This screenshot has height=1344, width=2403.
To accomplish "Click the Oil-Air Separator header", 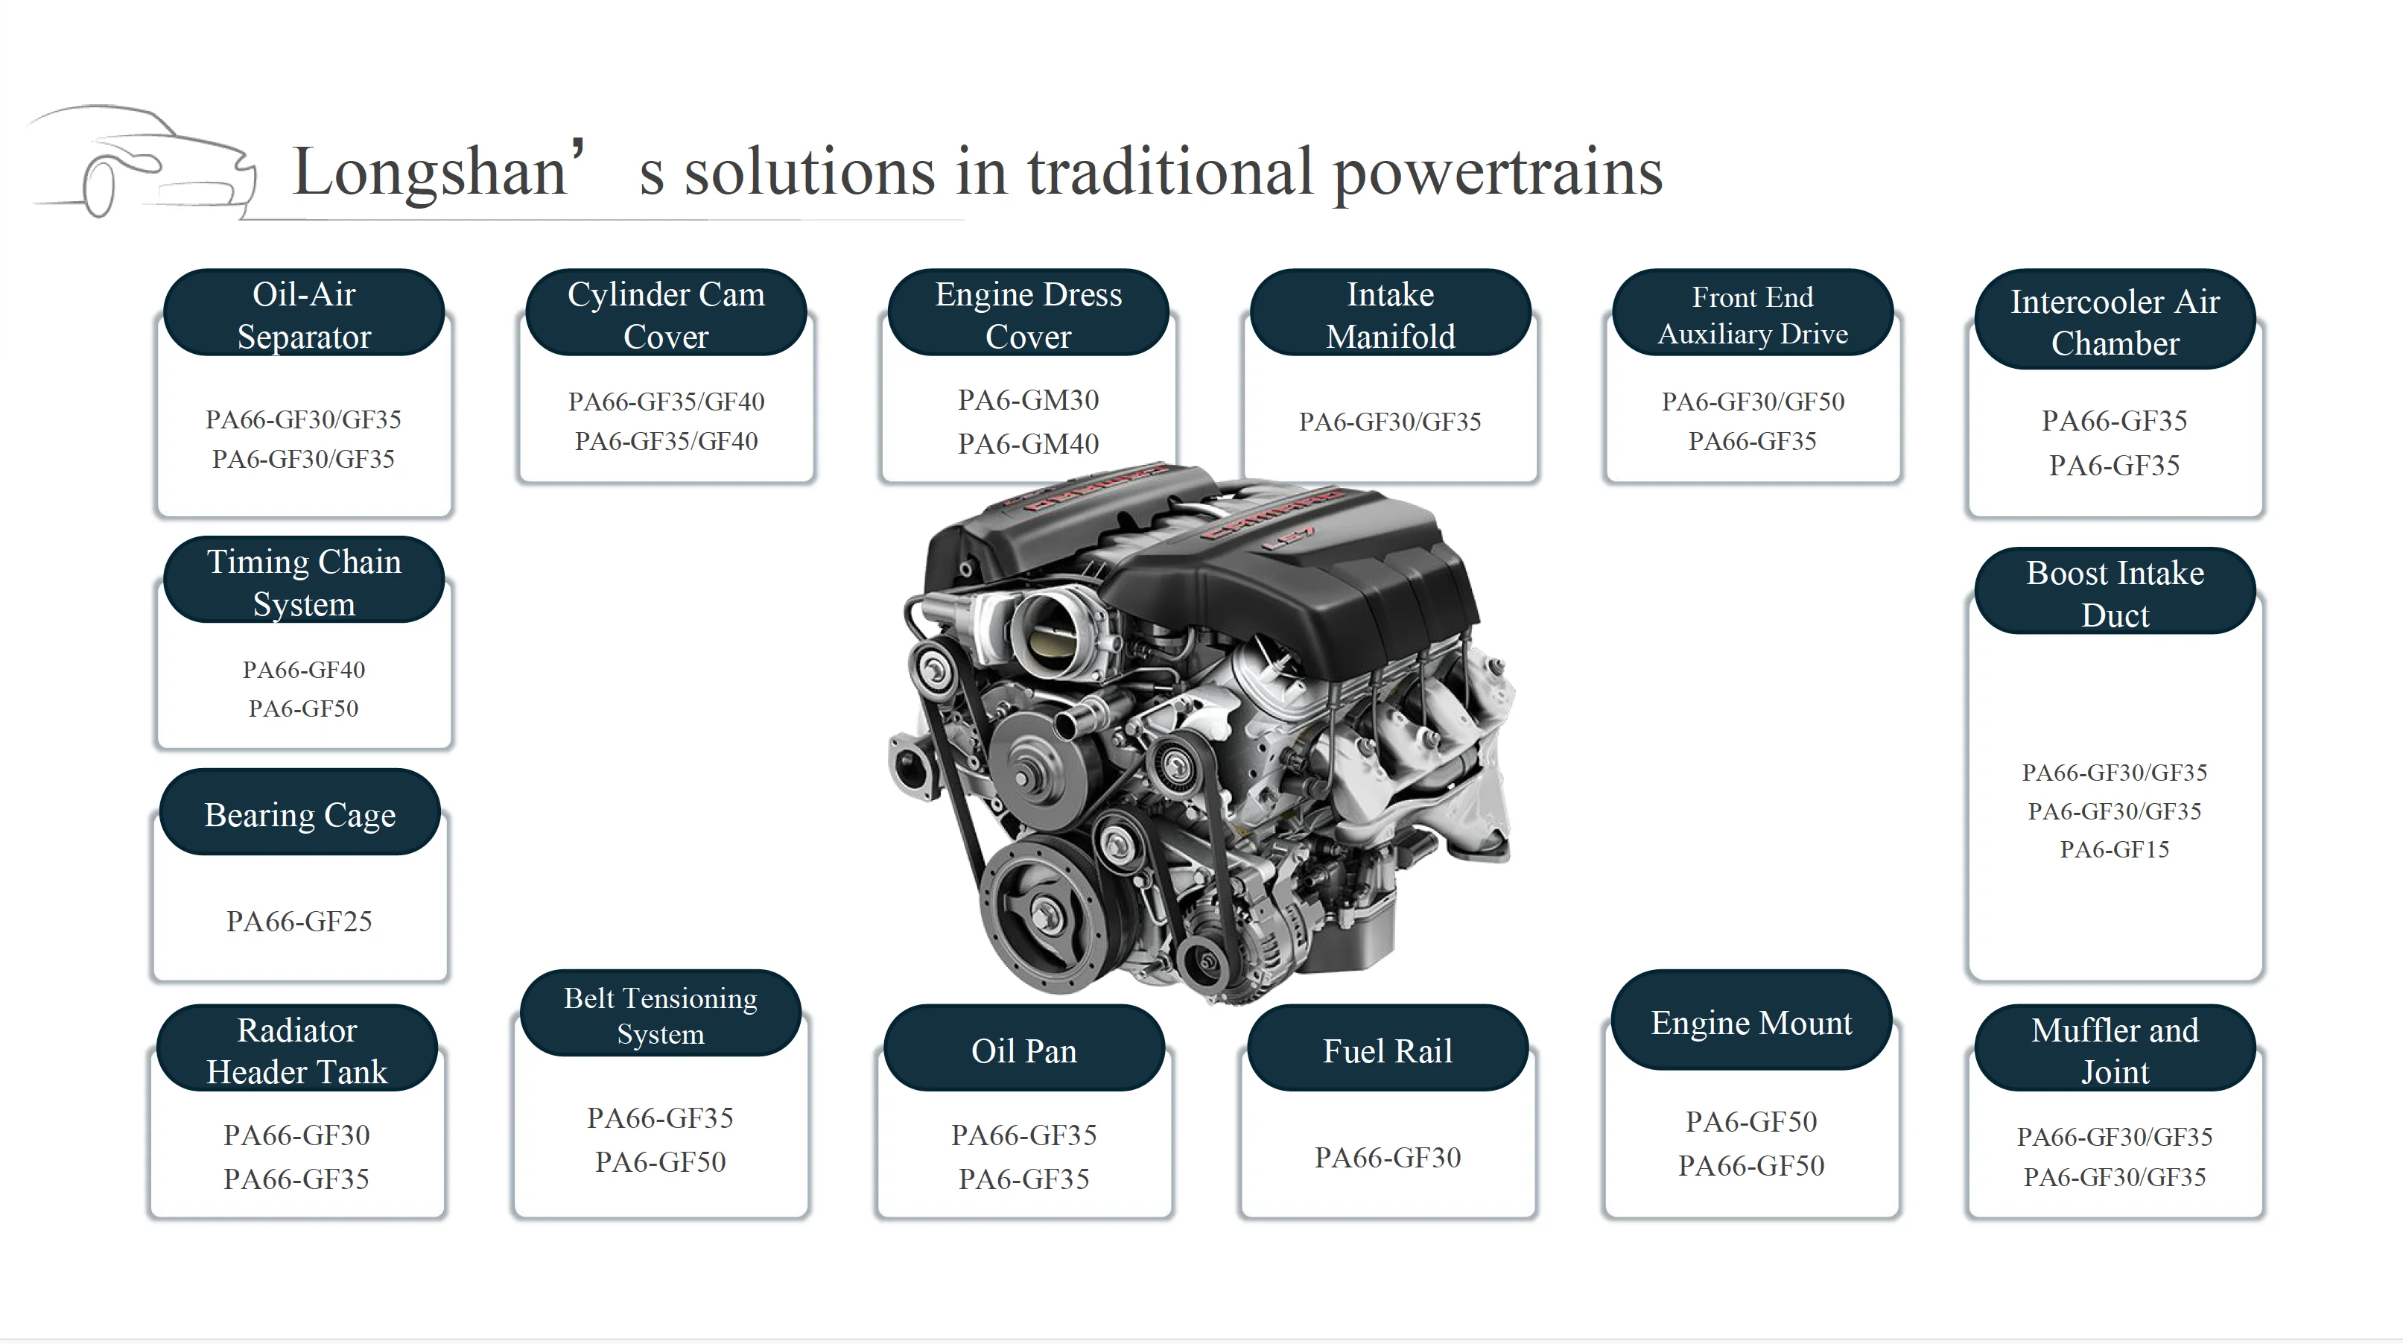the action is (x=304, y=314).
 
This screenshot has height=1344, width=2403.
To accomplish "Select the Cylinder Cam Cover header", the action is (x=666, y=314).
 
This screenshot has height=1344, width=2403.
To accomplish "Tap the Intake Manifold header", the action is (x=1391, y=314).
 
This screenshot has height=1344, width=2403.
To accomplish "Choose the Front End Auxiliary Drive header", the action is (x=1753, y=314).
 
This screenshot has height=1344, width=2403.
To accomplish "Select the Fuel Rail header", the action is (x=1388, y=1048).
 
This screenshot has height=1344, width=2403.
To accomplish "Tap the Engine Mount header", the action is (x=1752, y=1021).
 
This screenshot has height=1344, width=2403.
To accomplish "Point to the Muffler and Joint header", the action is (x=2115, y=1048).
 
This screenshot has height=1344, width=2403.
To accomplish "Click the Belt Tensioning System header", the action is (x=661, y=1014).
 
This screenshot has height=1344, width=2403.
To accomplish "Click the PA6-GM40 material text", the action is (x=1028, y=444).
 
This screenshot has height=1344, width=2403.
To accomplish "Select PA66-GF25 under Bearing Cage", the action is (x=299, y=922).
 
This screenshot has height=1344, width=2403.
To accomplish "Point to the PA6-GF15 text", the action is (x=2115, y=849).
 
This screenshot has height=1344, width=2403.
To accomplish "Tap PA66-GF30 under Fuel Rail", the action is (x=1388, y=1158).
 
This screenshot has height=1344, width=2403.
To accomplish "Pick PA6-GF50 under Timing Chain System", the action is (x=303, y=709).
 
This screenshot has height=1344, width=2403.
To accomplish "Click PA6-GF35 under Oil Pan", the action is (x=1024, y=1179).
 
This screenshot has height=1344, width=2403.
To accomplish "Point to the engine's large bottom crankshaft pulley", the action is (x=1041, y=912).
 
